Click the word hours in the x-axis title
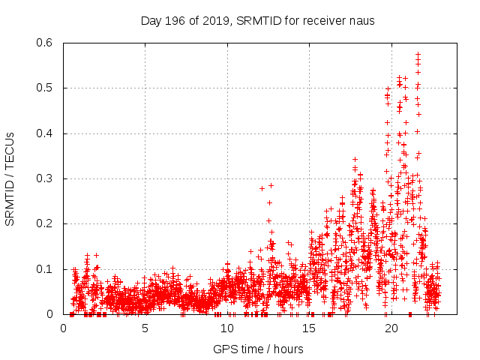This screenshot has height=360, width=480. (289, 349)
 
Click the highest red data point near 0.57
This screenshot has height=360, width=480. (418, 54)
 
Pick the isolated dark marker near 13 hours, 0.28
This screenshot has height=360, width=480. (271, 185)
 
